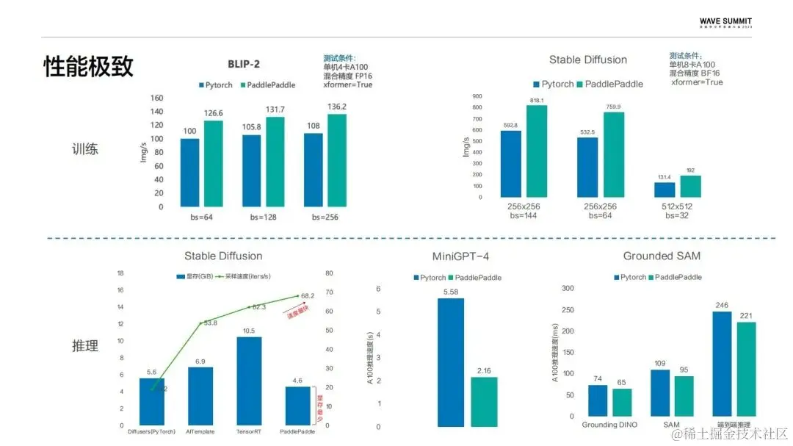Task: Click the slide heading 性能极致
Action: click(88, 67)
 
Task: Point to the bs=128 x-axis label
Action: click(262, 217)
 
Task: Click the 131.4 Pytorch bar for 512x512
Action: click(665, 190)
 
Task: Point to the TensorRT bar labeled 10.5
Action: click(249, 381)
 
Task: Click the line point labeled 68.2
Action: click(298, 295)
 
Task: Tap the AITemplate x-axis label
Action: click(200, 431)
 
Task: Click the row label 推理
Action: click(85, 345)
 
